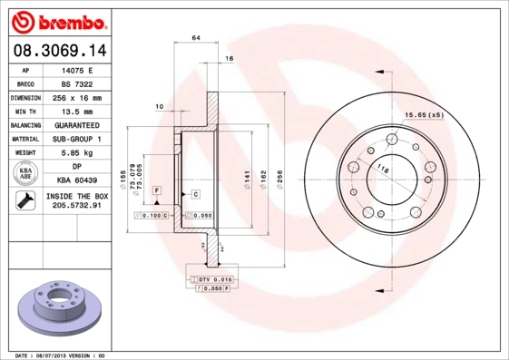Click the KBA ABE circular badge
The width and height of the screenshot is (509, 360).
(26, 173)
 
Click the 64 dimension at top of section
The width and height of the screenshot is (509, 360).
(195, 39)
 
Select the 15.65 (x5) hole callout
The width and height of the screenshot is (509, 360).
(424, 115)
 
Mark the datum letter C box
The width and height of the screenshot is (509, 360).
(195, 194)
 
